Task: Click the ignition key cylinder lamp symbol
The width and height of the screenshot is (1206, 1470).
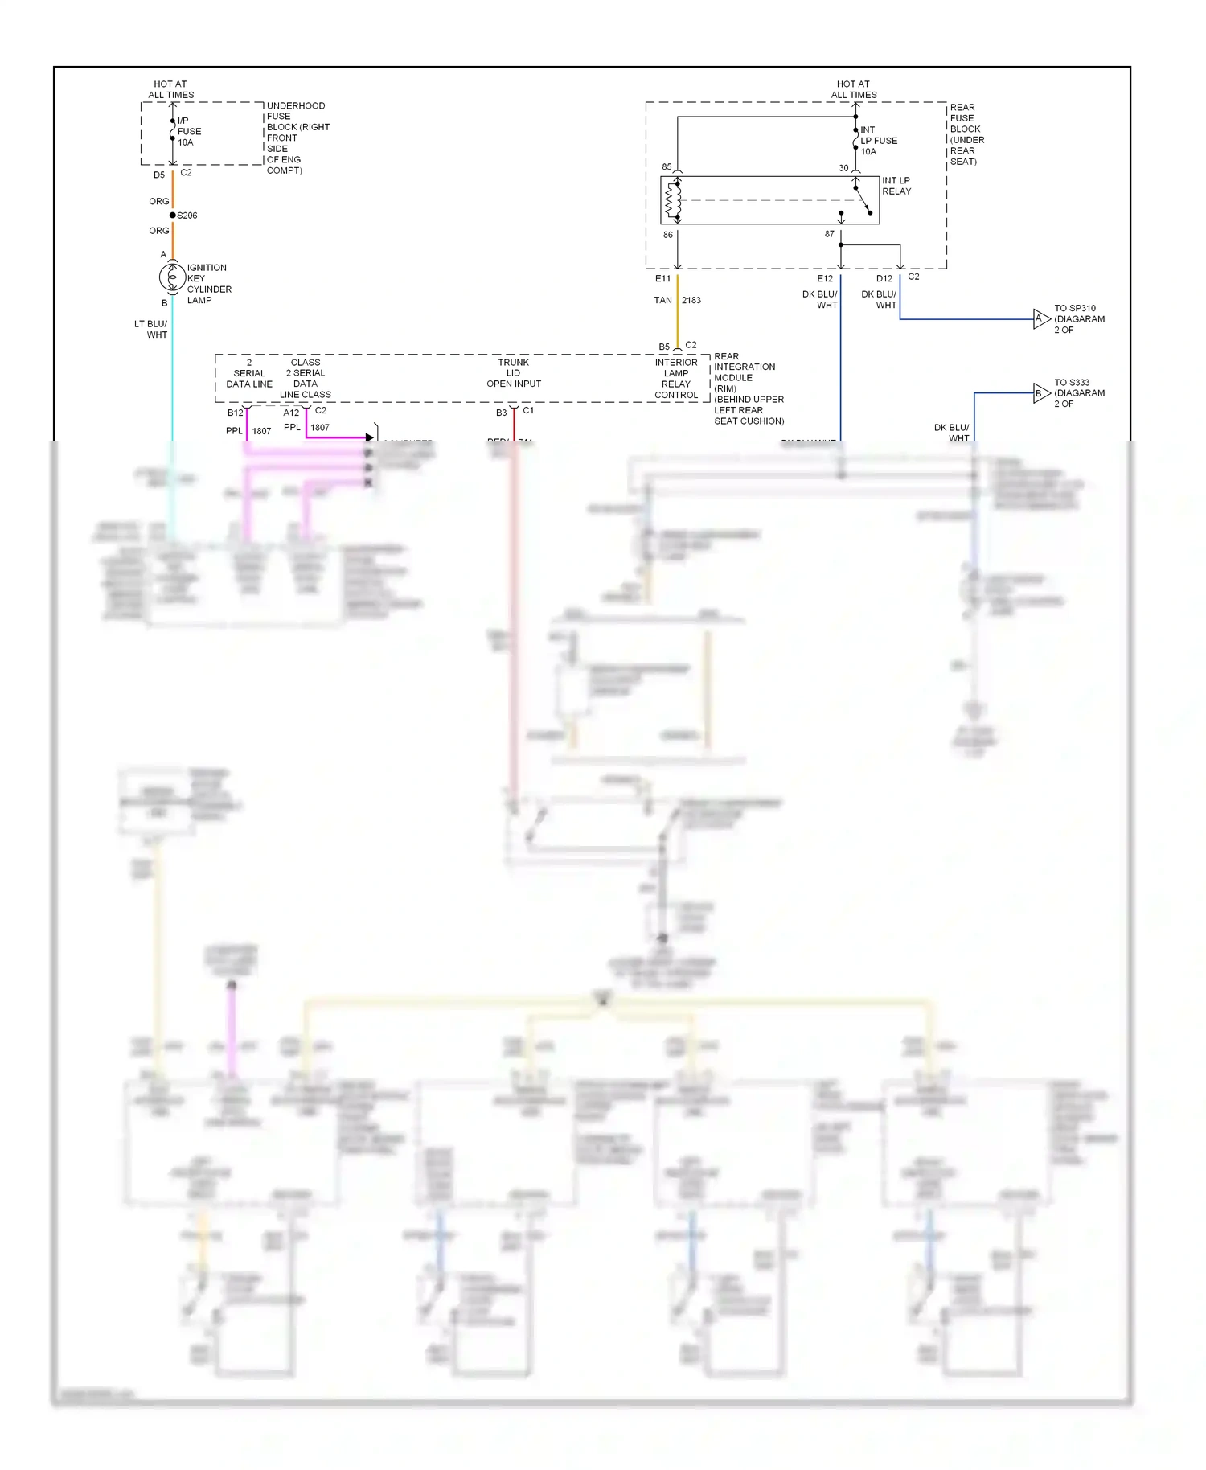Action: click(x=172, y=277)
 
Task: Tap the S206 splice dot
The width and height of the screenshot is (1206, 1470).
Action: click(x=173, y=216)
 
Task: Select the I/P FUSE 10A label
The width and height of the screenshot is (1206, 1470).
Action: click(x=189, y=132)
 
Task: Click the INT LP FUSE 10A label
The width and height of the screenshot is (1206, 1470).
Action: click(x=878, y=141)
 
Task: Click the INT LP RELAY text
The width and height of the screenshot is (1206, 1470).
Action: click(x=896, y=187)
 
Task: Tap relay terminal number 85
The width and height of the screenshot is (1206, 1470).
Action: click(x=667, y=167)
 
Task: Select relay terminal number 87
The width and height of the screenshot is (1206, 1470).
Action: click(x=829, y=234)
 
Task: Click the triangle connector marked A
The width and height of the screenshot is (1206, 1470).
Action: click(x=1041, y=319)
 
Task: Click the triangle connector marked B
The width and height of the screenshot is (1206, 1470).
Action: click(x=1041, y=393)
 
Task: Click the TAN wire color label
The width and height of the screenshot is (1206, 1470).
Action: click(x=662, y=300)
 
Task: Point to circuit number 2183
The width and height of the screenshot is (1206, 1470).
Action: click(x=691, y=300)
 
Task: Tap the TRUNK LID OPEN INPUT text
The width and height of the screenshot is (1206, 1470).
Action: click(x=514, y=373)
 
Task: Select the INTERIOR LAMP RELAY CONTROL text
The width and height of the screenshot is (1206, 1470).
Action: click(x=676, y=379)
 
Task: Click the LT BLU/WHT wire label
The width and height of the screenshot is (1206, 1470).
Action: click(x=151, y=330)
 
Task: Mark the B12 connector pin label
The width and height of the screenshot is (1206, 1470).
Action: click(x=235, y=413)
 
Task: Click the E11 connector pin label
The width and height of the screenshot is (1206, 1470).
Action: click(x=662, y=279)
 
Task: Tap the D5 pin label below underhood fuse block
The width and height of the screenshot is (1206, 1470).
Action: click(x=159, y=175)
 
